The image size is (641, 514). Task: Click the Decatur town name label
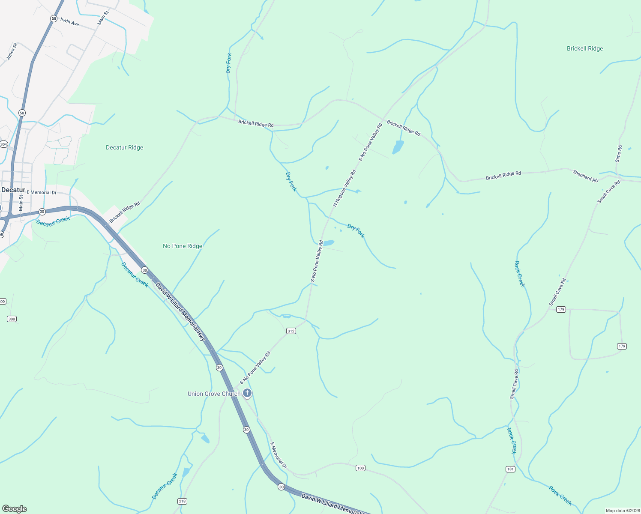[13, 190]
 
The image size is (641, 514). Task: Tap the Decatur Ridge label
[124, 147]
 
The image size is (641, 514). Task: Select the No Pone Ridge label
[182, 246]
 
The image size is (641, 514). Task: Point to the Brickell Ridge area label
[584, 48]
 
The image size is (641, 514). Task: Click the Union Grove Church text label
[214, 394]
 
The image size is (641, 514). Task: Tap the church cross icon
[247, 393]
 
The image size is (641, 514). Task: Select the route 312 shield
[291, 331]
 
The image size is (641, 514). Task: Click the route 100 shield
[360, 468]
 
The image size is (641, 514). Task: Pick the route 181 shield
[510, 469]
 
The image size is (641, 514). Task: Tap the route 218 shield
[182, 501]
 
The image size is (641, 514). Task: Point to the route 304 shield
[3, 144]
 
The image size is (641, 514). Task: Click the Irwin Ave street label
[69, 22]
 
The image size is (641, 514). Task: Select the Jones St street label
[12, 51]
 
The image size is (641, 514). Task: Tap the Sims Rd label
[618, 153]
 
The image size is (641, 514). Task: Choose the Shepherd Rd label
[585, 176]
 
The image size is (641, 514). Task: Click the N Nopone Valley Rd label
[344, 188]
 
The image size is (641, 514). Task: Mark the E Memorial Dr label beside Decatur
[42, 192]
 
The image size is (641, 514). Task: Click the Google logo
[14, 509]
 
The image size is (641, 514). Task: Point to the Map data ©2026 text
[622, 511]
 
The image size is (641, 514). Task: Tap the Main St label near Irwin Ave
[103, 18]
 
